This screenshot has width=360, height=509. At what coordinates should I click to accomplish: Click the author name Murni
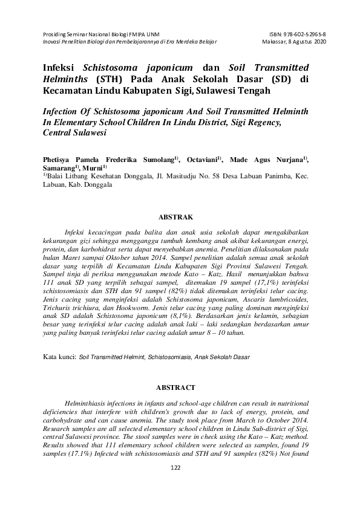pos(94,167)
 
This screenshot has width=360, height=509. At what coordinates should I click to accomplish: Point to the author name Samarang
pos(59,167)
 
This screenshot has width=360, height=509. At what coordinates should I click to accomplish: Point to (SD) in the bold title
pos(271,80)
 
